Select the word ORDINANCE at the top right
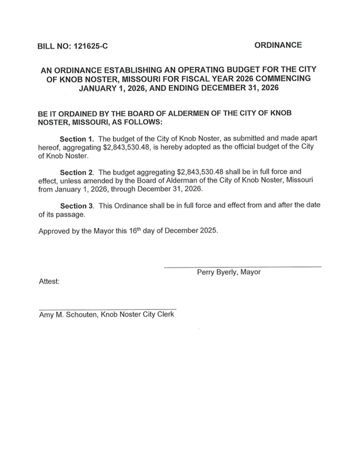(x=277, y=45)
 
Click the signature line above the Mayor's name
(x=242, y=266)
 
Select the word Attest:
(x=49, y=282)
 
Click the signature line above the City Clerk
(x=107, y=309)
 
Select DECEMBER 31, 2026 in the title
(x=241, y=89)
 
